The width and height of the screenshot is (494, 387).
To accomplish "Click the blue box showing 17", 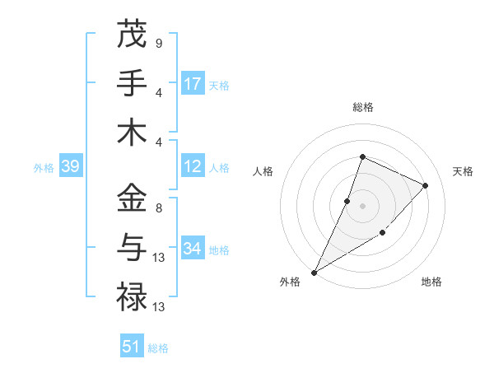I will tap(193, 84).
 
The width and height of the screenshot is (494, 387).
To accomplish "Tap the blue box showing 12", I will tap(193, 166).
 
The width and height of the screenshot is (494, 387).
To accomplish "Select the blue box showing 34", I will tap(193, 249).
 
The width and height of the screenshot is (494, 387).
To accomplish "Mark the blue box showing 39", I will tap(70, 166).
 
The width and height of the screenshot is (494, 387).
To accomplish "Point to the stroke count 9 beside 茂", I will tap(158, 43).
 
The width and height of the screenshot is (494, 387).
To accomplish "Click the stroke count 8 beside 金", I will tap(158, 208).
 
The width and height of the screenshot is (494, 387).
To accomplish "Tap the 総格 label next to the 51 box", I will tap(158, 348).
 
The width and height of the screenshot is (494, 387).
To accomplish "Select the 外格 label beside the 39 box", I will tap(44, 168).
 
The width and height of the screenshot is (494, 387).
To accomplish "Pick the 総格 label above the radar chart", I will tap(362, 107).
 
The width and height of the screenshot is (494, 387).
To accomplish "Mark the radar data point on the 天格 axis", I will tap(425, 185).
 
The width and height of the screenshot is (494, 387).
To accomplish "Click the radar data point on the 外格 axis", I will tap(314, 273).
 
